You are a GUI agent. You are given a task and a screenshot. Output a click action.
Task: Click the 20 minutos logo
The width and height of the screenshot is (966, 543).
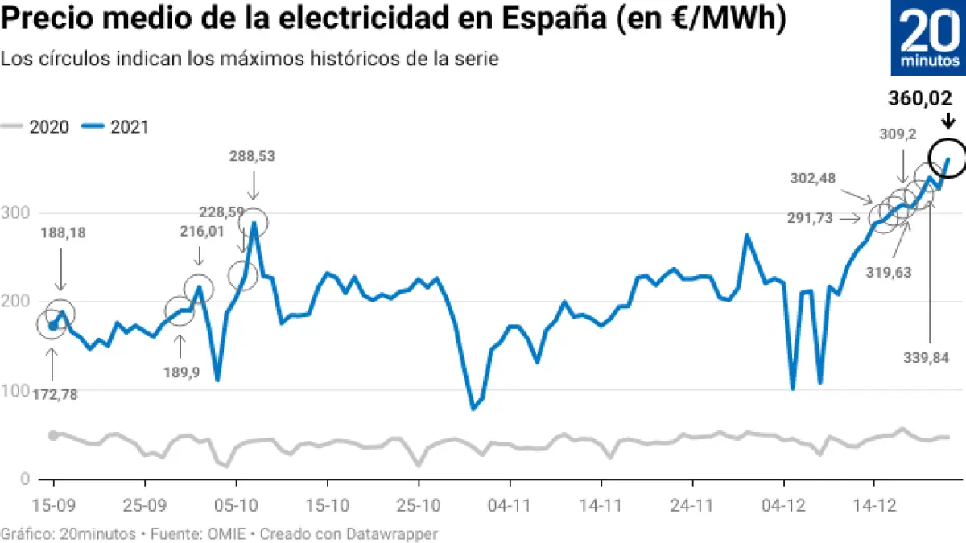[x=928, y=39]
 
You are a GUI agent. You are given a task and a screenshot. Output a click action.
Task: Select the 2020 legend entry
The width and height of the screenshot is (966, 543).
[x=37, y=126]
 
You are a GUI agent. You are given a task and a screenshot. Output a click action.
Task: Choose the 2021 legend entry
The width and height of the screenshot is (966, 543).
[x=118, y=126]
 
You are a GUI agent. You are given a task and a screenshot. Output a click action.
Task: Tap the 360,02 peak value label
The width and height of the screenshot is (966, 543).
[x=925, y=99]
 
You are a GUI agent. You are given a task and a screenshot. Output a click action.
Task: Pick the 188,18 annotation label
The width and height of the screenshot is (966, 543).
[x=63, y=233]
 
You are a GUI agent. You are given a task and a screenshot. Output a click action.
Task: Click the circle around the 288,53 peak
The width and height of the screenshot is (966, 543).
[x=254, y=223]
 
